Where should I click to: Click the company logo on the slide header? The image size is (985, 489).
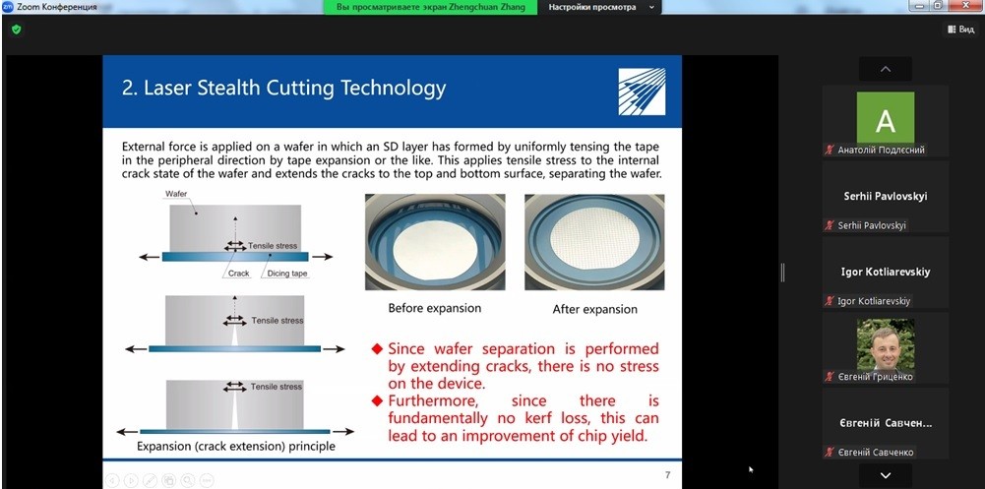pyautogui.click(x=642, y=92)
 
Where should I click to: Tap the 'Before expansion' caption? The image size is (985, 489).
pyautogui.click(x=435, y=308)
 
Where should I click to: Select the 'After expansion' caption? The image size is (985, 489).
pyautogui.click(x=595, y=310)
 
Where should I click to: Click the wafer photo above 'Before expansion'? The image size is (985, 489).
pyautogui.click(x=435, y=242)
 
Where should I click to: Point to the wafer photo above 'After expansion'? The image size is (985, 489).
pyautogui.click(x=594, y=242)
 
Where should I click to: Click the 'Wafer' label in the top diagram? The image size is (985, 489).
pyautogui.click(x=176, y=194)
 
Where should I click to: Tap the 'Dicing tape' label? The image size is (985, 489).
pyautogui.click(x=287, y=274)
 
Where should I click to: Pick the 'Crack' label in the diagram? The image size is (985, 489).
pyautogui.click(x=239, y=274)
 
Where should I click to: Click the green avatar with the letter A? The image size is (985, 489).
pyautogui.click(x=885, y=117)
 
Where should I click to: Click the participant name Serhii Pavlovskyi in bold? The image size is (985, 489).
pyautogui.click(x=885, y=197)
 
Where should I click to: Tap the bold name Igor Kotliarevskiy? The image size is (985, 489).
pyautogui.click(x=885, y=272)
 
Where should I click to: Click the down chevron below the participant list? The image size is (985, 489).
pyautogui.click(x=885, y=476)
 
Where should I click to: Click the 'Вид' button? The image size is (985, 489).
pyautogui.click(x=961, y=30)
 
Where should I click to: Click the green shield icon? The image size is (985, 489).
pyautogui.click(x=17, y=30)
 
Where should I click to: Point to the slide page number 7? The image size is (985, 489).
pyautogui.click(x=668, y=475)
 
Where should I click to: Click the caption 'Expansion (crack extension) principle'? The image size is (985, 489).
pyautogui.click(x=235, y=447)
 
